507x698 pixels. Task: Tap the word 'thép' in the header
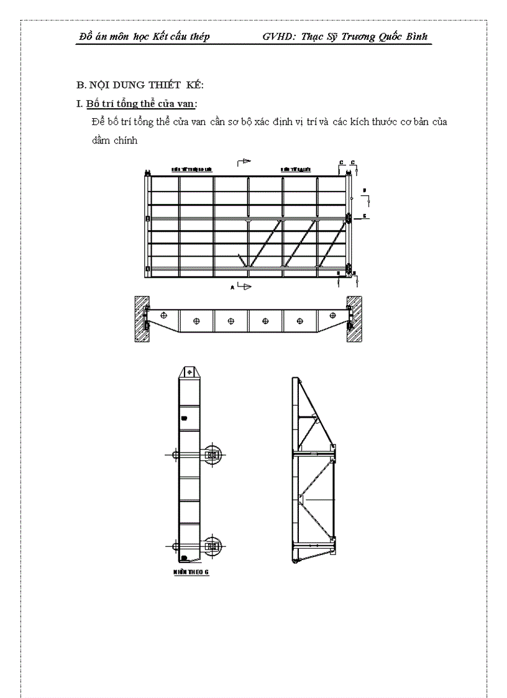coord(198,37)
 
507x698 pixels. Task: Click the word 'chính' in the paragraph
coord(126,140)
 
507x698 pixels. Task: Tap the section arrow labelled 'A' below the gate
coord(242,287)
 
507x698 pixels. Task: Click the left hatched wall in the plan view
coord(140,318)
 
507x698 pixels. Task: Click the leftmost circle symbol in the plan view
coord(163,315)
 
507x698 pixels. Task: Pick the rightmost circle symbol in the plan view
coord(301,321)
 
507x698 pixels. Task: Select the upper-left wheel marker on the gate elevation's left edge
coord(147,218)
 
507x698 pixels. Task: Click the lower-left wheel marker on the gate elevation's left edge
coord(147,269)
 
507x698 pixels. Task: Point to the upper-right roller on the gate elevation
coord(349,218)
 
